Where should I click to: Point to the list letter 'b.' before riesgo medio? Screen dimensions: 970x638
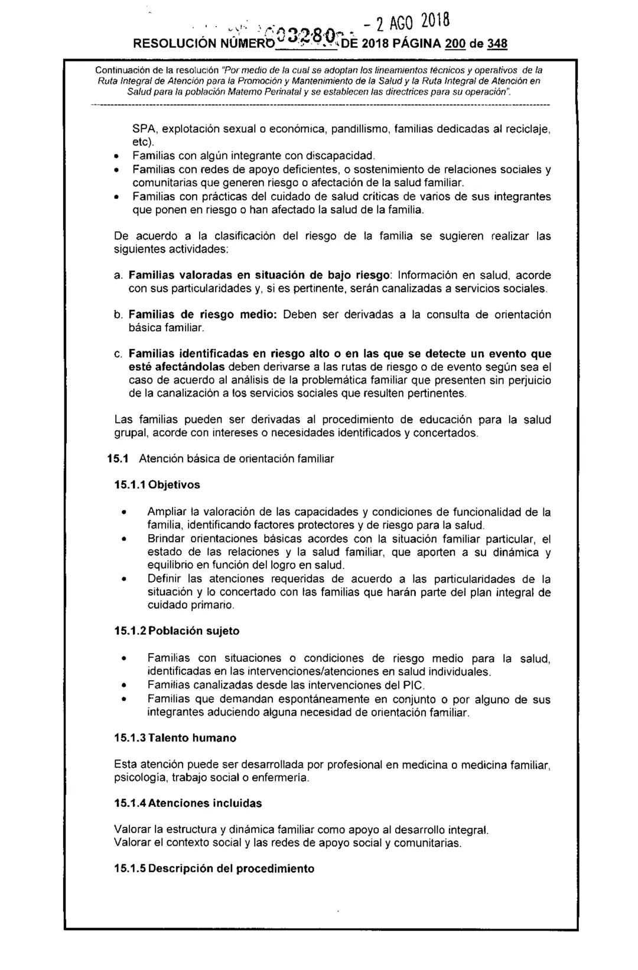(118, 314)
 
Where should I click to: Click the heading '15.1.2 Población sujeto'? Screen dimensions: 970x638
(177, 630)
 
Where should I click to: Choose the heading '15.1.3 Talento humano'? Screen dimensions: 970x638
(175, 738)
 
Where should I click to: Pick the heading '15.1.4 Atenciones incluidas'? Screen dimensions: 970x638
(187, 803)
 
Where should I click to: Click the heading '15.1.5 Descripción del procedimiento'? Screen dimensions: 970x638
(214, 868)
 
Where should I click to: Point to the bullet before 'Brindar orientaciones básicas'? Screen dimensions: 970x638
(123, 539)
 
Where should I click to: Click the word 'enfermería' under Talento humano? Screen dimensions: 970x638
(281, 778)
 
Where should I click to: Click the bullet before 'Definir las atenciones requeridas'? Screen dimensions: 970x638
(123, 578)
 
